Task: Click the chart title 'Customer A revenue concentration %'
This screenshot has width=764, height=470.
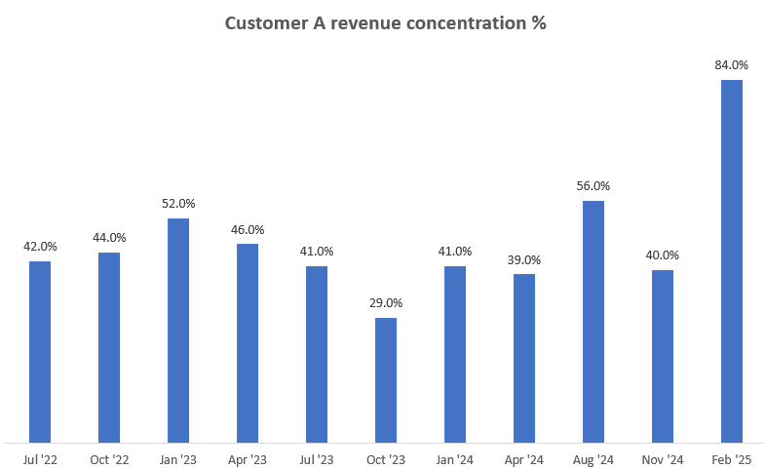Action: point(385,23)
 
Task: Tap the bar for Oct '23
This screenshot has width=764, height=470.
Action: point(386,380)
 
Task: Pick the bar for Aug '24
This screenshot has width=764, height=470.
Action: point(593,322)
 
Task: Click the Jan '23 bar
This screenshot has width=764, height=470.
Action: point(178,331)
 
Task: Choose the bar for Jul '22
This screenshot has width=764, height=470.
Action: point(40,352)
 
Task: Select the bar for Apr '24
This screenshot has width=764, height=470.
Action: point(524,358)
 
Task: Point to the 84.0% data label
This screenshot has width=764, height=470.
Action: point(732,65)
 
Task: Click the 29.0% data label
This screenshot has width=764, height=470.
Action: point(386,303)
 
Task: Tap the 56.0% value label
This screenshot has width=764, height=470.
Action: point(593,186)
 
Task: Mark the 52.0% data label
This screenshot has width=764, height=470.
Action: point(178,204)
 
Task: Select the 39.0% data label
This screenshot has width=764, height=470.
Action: point(524,260)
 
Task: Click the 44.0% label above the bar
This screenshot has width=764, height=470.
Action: point(109,238)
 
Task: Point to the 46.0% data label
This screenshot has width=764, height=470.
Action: point(248,229)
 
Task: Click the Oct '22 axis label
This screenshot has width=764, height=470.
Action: point(109,458)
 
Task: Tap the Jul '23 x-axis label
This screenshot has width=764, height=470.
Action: point(317,458)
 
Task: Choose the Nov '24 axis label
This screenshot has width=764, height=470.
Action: point(663,458)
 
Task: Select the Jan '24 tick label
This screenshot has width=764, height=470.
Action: point(455,458)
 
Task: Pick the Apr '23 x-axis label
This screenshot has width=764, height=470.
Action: point(248,458)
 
